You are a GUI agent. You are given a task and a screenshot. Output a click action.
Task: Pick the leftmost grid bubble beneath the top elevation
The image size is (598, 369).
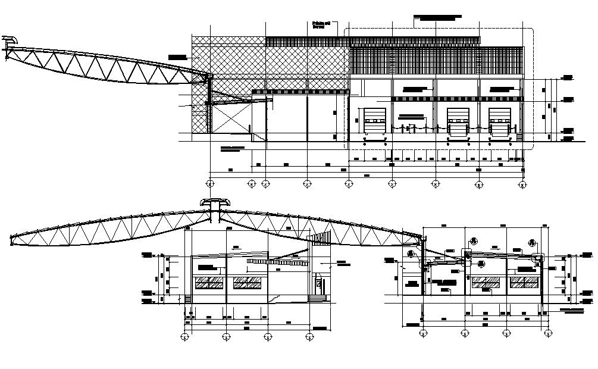(x=210, y=183)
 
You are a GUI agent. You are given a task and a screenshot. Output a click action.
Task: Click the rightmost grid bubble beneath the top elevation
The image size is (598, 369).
(x=522, y=183)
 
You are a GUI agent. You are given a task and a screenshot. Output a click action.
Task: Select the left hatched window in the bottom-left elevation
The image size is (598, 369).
(x=209, y=283)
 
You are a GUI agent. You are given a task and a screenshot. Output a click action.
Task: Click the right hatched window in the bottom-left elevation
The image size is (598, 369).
(x=246, y=283)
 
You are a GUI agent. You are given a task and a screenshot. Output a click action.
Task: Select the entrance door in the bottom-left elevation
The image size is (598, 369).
(x=319, y=285)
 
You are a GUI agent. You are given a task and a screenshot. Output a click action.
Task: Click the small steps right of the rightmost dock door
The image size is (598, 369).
(x=519, y=137)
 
